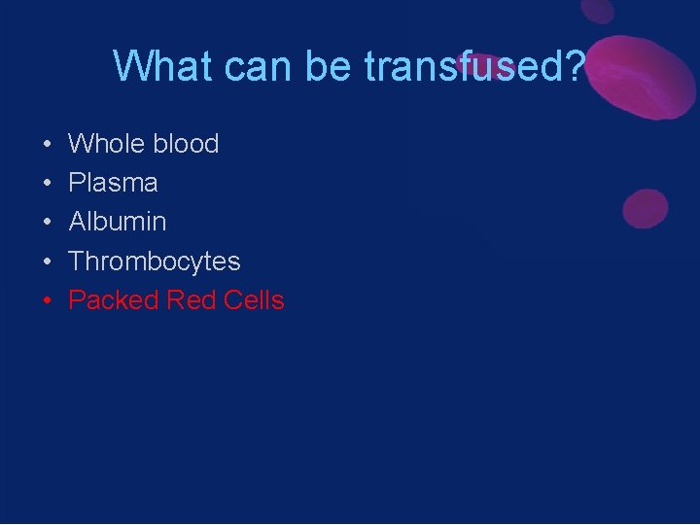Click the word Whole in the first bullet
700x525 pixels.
pyautogui.click(x=104, y=144)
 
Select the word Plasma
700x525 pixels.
pyautogui.click(x=113, y=183)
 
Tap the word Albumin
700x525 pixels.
pyautogui.click(x=118, y=222)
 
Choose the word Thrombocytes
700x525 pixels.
pyautogui.click(x=155, y=262)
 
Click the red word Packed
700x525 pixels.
pyautogui.click(x=113, y=300)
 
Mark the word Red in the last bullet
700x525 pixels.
pyautogui.click(x=191, y=300)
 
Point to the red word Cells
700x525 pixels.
pyautogui.click(x=254, y=300)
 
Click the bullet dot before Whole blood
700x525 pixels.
pyautogui.click(x=47, y=145)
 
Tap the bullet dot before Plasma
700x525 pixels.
pyautogui.click(x=47, y=184)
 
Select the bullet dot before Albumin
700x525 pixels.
pyautogui.click(x=47, y=223)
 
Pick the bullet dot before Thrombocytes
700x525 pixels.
pyautogui.click(x=47, y=262)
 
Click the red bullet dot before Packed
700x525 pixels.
pyautogui.click(x=47, y=301)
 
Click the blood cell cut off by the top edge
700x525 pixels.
pyautogui.click(x=597, y=10)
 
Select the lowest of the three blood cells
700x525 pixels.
pyautogui.click(x=645, y=209)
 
